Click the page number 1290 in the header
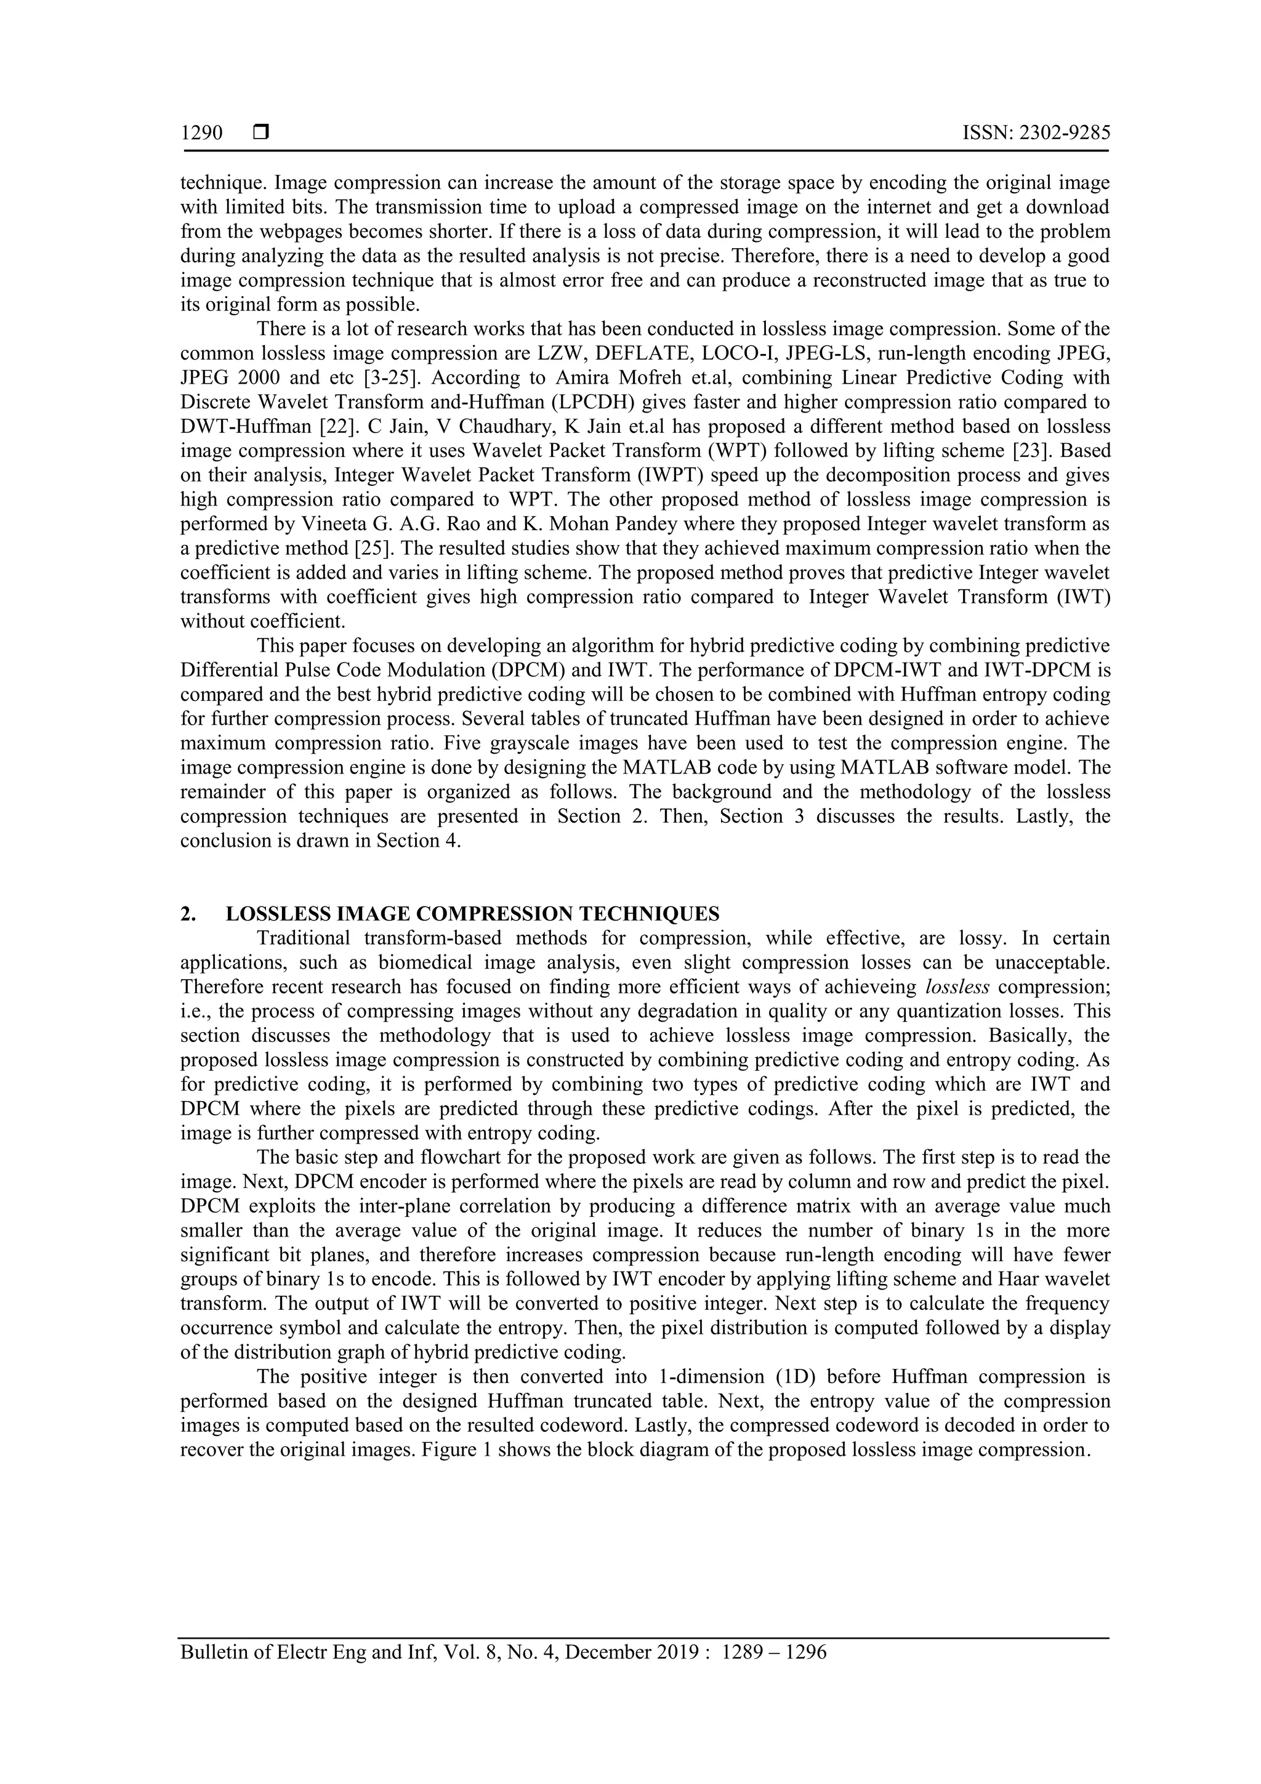coord(201,134)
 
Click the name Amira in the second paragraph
coord(555,377)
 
